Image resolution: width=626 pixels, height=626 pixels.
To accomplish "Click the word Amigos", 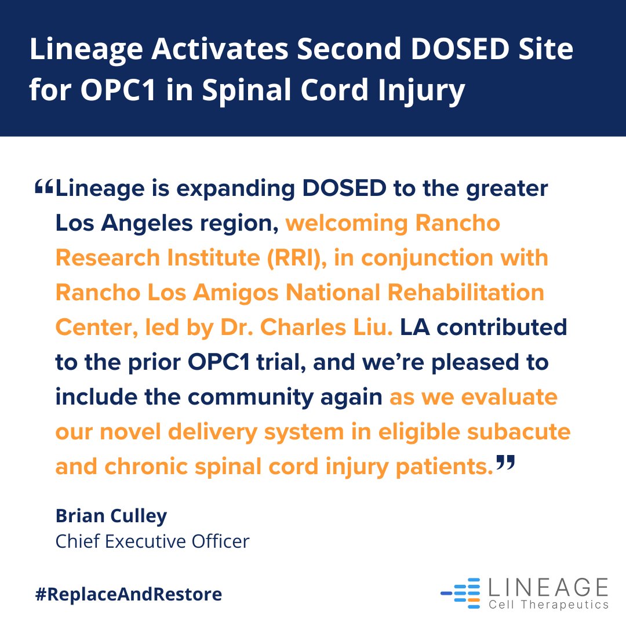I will point(224,293).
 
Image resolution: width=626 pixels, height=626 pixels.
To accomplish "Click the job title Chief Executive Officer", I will point(152,541).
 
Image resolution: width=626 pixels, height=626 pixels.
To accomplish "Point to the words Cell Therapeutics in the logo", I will point(548,605).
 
